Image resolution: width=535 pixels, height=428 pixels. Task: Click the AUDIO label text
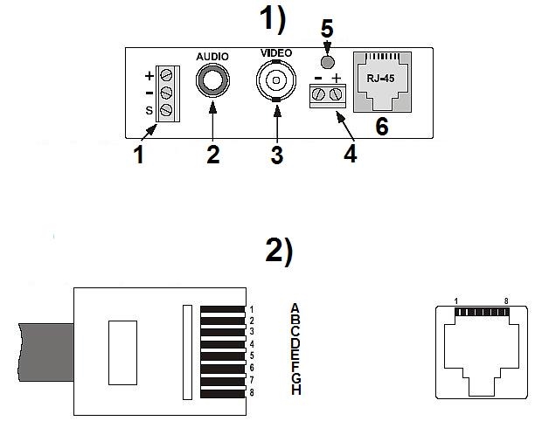212,56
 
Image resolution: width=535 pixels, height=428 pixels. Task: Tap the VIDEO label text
277,53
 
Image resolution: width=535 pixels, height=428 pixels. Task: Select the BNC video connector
275,85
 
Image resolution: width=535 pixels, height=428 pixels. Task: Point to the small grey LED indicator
327,62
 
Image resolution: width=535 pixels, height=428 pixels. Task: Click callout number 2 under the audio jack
212,155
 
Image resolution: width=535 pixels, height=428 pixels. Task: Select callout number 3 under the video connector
276,156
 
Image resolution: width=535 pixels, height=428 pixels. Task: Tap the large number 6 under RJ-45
381,126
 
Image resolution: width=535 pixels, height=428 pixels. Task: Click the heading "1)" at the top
275,17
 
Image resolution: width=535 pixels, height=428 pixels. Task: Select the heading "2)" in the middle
278,251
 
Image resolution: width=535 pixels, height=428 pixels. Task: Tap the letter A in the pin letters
295,307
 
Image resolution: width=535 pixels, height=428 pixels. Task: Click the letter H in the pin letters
295,390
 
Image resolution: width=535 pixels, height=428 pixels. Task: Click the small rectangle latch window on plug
122,352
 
